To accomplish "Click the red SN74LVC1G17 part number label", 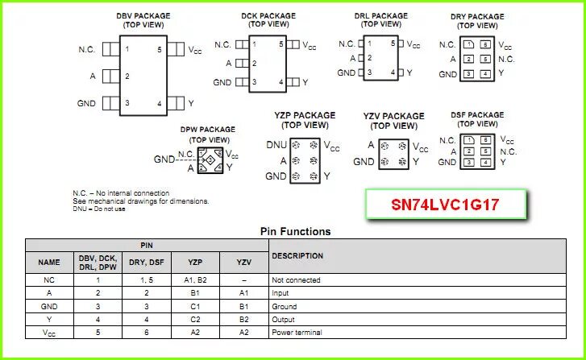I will coord(446,205).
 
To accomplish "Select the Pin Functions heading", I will coord(294,232).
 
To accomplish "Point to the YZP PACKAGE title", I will coord(305,115).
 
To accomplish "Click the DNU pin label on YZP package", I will coord(276,146).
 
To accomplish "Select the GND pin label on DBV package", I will coord(86,103).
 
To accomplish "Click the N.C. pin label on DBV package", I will coord(87,50).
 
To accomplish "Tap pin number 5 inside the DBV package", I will coord(160,50).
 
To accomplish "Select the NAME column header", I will coord(49,262).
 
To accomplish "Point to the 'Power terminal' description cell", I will coord(297,332).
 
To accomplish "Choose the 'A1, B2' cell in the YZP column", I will coord(195,280).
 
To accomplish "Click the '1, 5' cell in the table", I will coord(145,280).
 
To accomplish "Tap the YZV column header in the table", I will coord(243,262).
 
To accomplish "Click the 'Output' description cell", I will coord(285,319).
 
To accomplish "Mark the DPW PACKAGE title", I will coord(208,129).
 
